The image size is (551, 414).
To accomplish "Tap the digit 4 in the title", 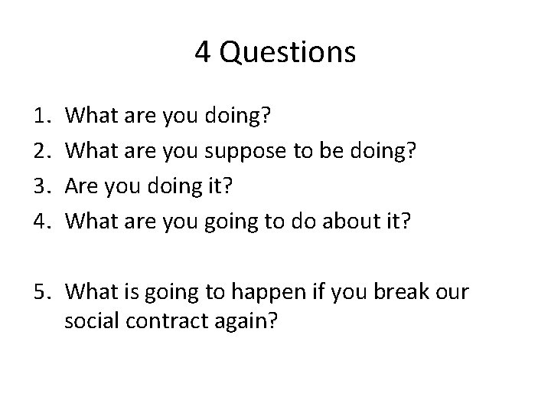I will click(203, 52).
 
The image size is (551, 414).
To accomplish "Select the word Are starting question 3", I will click(83, 186).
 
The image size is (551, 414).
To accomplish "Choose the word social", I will click(93, 320).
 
